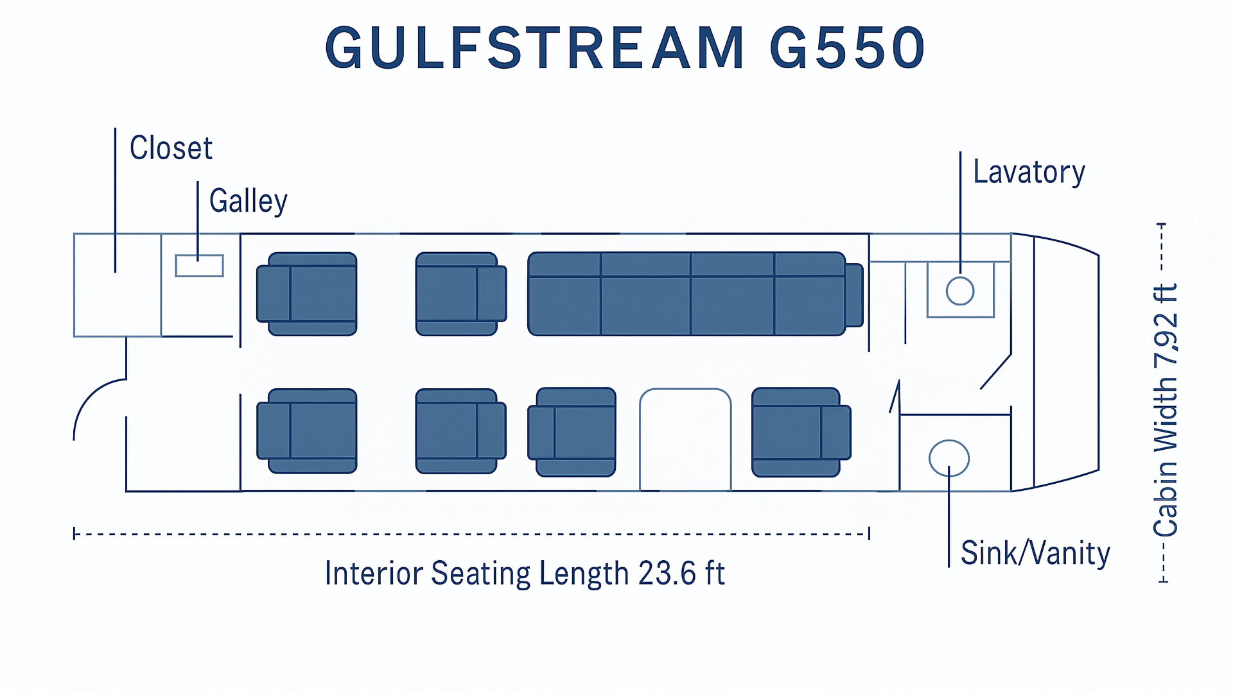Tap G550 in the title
click(x=847, y=48)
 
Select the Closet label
click(x=171, y=148)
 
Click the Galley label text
click(x=249, y=201)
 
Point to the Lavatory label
click(x=1029, y=172)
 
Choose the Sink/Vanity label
click(x=1035, y=553)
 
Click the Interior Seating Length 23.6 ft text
click(x=525, y=573)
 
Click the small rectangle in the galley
click(x=199, y=266)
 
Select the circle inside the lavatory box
click(x=960, y=291)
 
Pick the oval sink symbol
click(x=949, y=458)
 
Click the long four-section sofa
click(x=686, y=294)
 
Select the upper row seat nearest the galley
click(x=307, y=294)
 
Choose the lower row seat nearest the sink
click(x=801, y=432)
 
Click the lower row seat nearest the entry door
click(x=307, y=431)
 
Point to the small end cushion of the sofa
click(x=854, y=295)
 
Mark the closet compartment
click(x=117, y=285)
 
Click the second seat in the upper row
click(x=460, y=294)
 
